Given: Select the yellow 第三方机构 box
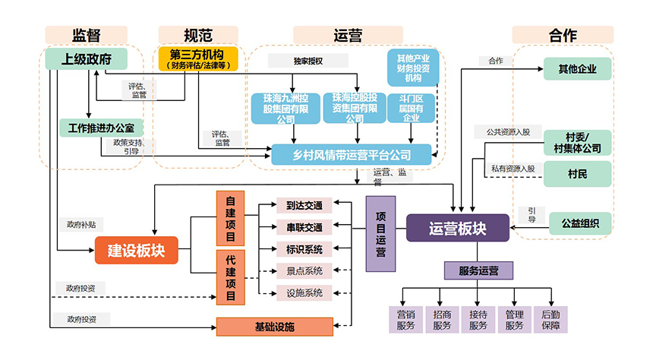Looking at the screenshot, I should (x=197, y=58).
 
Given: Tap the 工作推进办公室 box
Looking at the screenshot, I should (x=100, y=128).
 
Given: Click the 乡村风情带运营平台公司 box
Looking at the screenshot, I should (x=351, y=155).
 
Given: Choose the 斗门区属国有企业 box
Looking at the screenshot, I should (x=411, y=108).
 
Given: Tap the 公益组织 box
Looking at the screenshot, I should (x=579, y=223).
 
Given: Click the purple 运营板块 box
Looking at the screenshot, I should (x=457, y=228).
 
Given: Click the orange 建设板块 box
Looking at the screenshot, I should (x=136, y=250).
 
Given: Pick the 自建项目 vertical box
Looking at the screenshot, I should (x=231, y=218).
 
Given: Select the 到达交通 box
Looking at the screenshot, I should (x=304, y=205).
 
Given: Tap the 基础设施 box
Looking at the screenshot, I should (x=274, y=327).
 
